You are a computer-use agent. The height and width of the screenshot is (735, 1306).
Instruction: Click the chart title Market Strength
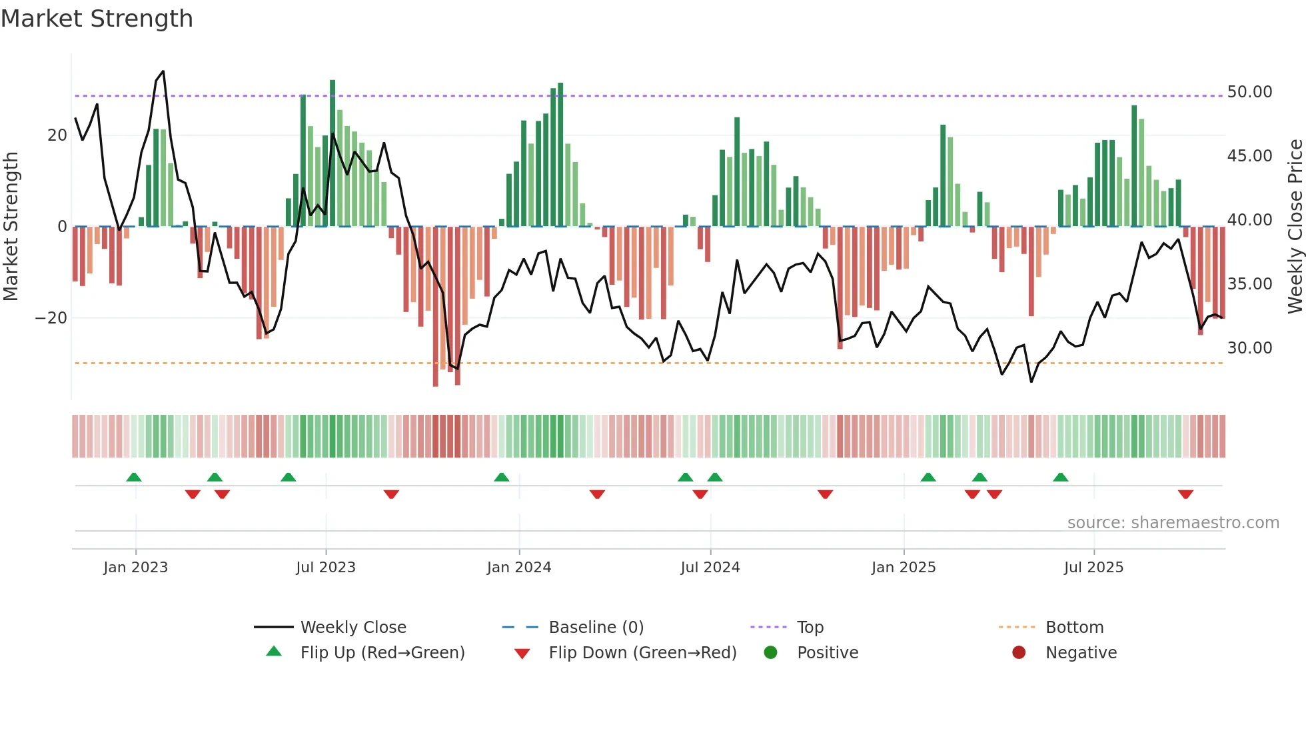coord(97,19)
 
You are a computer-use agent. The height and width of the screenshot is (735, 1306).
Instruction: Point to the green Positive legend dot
coord(770,652)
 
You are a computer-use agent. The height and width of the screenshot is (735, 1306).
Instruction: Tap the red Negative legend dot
coord(1019,652)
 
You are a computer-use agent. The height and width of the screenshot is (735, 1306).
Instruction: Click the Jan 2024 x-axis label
coord(519,568)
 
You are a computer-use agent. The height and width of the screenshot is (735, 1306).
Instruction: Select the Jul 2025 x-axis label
coord(1093,568)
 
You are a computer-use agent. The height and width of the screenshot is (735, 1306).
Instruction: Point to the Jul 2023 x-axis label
coord(326,568)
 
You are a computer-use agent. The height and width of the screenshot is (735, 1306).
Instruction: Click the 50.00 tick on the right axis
coord(1249,92)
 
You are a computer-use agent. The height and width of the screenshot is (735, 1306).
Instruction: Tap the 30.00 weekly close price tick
coord(1249,348)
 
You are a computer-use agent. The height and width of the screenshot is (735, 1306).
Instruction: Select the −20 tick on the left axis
coord(51,318)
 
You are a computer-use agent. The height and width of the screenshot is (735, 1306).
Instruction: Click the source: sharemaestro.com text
coord(1173,523)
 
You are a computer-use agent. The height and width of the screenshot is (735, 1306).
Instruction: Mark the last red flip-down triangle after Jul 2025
coord(1185,494)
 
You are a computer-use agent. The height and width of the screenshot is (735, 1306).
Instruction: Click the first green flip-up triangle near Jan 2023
coord(134,477)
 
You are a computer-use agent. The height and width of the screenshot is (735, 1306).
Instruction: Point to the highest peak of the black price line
coord(163,71)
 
